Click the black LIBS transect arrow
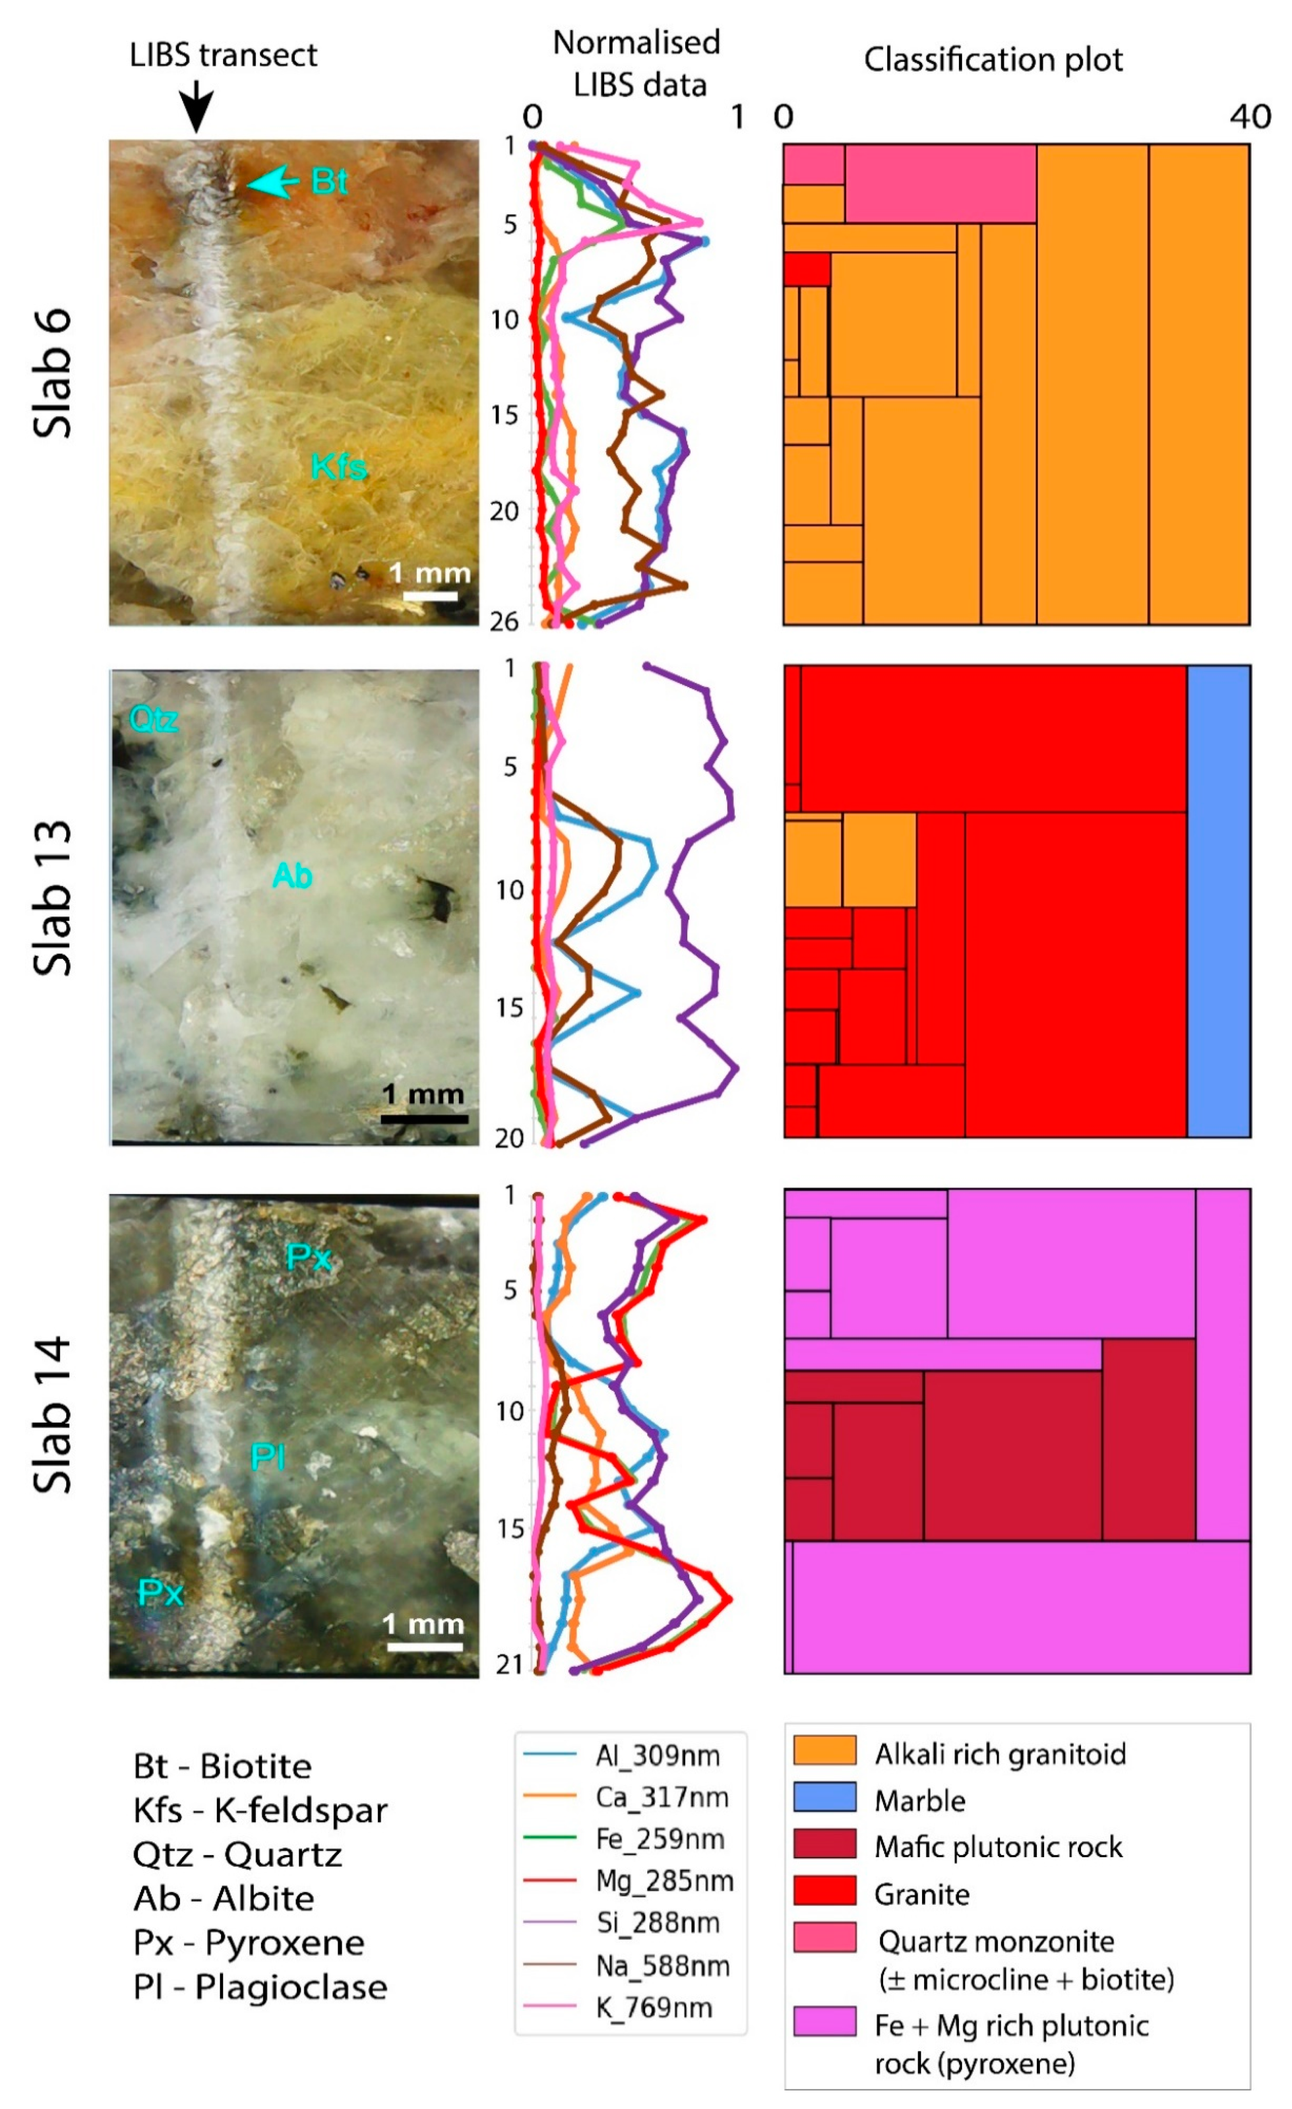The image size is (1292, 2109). tap(197, 107)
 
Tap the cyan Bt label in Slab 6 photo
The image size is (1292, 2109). tap(329, 182)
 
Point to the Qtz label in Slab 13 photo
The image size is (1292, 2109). tap(154, 719)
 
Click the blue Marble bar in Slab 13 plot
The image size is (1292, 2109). tap(1218, 900)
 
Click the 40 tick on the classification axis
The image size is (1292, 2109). tap(1250, 116)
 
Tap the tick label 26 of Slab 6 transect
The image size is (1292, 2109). tap(505, 621)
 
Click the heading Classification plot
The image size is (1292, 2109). tap(992, 60)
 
